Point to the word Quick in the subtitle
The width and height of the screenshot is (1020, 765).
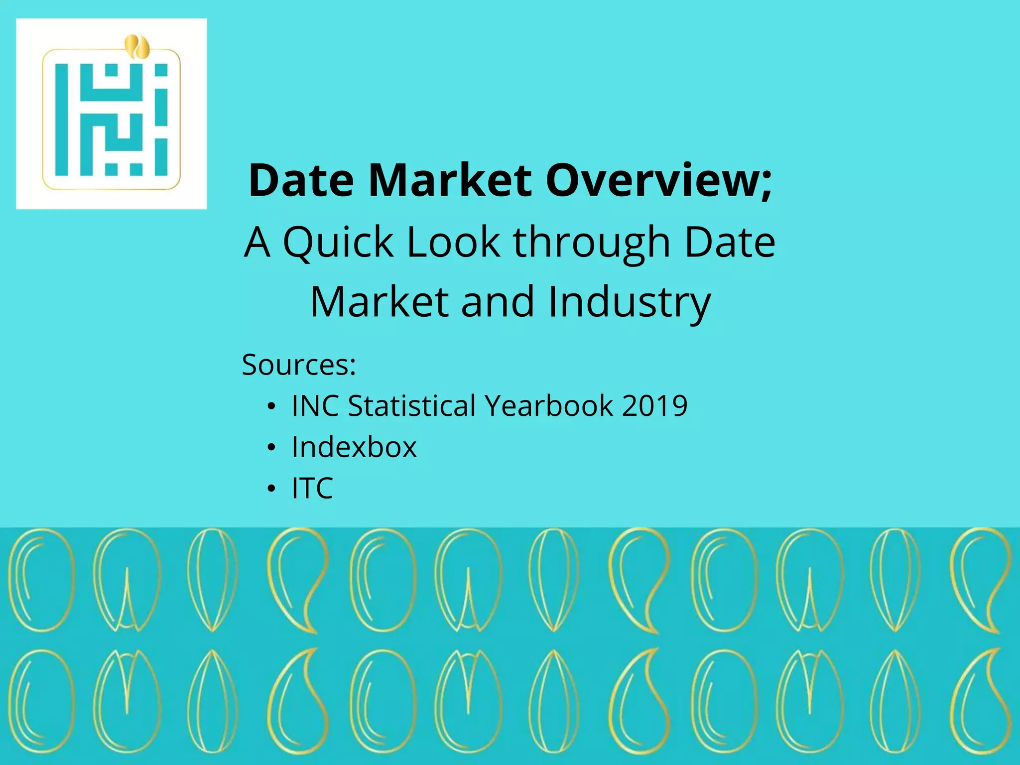(338, 242)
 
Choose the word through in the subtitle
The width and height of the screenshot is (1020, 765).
(592, 243)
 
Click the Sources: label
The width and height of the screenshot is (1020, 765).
(299, 365)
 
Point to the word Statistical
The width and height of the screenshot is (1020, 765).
(411, 405)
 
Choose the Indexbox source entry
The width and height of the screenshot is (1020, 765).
(354, 447)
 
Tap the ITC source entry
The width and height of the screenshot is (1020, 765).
(312, 488)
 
